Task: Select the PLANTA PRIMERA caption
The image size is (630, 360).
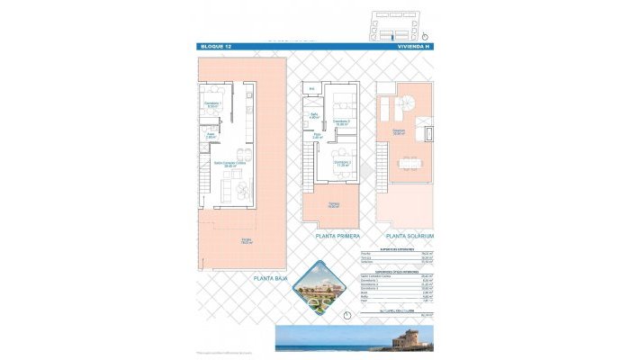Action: [337, 236]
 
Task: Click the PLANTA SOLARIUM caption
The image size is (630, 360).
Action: [412, 236]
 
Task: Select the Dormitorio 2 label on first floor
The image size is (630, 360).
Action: [342, 164]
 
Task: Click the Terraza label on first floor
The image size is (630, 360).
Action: [333, 205]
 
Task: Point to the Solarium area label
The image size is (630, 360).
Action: [398, 133]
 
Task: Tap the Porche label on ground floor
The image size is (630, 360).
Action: [245, 241]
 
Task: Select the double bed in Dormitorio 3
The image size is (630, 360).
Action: [341, 101]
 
